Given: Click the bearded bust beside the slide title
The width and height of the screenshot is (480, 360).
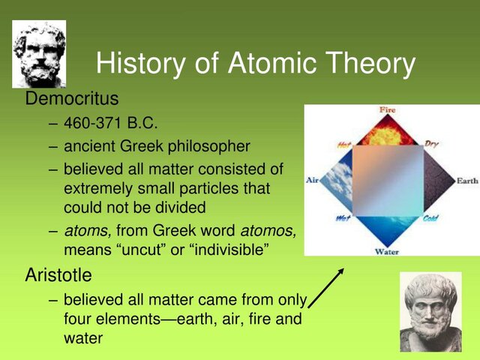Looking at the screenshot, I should coord(39,54).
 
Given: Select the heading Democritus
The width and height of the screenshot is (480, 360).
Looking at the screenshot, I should coord(72,99).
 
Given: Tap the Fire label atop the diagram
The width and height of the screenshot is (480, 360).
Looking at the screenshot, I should coord(387,110).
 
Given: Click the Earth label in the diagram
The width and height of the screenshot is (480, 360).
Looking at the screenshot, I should coord(466,181).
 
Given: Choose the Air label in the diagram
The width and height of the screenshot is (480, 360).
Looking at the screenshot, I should coord(313,180).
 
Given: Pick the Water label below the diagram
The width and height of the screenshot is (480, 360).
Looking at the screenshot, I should coord(386,252).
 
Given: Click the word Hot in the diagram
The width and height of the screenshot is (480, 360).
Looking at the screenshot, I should coord(343,144).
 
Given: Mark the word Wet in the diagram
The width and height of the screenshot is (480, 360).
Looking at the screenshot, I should coord(343,219).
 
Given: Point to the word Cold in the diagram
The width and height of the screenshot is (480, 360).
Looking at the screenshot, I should coord(430,219).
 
